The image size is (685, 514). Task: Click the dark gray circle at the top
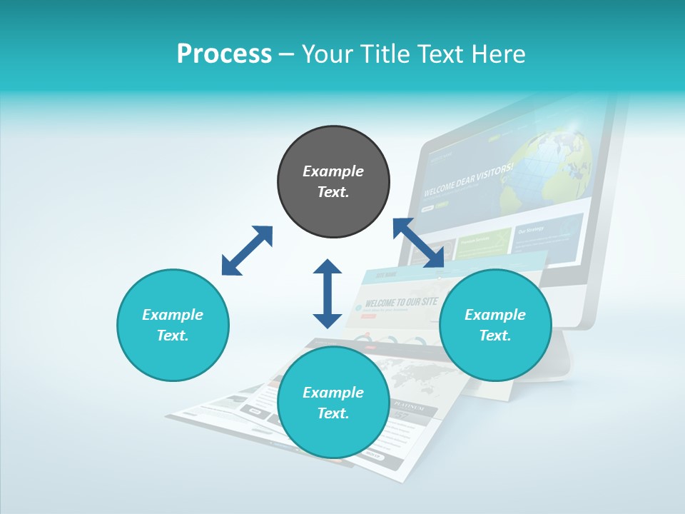[x=333, y=182]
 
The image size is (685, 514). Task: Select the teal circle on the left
[x=173, y=326]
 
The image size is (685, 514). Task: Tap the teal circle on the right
[x=495, y=326]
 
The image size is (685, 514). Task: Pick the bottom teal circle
[x=333, y=403]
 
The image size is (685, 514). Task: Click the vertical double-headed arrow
[x=328, y=293]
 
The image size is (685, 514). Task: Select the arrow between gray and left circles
[x=247, y=251]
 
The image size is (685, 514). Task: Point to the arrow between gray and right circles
[x=419, y=243]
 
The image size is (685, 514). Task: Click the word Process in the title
[x=224, y=54]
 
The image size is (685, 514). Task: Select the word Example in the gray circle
[x=333, y=171]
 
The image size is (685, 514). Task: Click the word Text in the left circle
[x=173, y=336]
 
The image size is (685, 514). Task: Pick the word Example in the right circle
[x=495, y=315]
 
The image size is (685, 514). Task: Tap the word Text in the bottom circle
[x=333, y=414]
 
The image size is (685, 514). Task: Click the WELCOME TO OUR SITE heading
[x=400, y=302]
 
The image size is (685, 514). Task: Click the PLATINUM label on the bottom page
[x=409, y=407]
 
